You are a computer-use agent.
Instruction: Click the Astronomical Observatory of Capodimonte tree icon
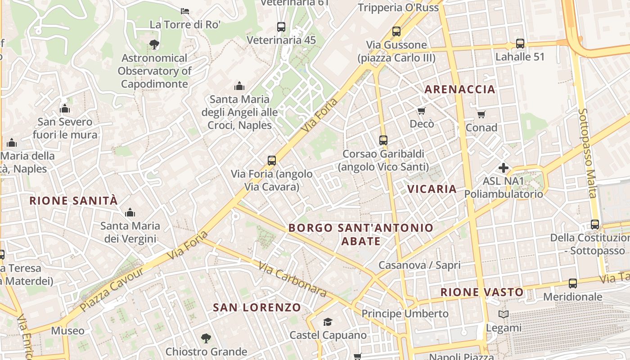pyautogui.click(x=154, y=44)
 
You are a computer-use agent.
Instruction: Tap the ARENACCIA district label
pyautogui.click(x=460, y=89)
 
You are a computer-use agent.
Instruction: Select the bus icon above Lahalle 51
pyautogui.click(x=520, y=44)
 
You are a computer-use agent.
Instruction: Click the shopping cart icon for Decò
pyautogui.click(x=421, y=111)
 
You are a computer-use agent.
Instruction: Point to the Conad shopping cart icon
pyautogui.click(x=481, y=114)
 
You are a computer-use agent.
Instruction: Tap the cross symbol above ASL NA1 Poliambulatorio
pyautogui.click(x=504, y=168)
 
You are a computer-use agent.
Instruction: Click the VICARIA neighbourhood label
pyautogui.click(x=432, y=189)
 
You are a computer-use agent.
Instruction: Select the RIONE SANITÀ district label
pyautogui.click(x=73, y=201)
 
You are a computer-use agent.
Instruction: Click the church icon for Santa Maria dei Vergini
pyautogui.click(x=130, y=212)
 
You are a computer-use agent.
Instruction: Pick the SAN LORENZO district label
pyautogui.click(x=257, y=308)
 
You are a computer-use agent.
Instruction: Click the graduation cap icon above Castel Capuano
pyautogui.click(x=328, y=322)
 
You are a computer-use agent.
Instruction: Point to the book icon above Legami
pyautogui.click(x=504, y=315)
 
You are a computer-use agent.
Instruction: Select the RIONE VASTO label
pyautogui.click(x=482, y=292)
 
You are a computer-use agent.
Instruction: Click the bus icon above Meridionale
pyautogui.click(x=572, y=283)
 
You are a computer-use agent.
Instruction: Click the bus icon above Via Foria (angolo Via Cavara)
pyautogui.click(x=272, y=161)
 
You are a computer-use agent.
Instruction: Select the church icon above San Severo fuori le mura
pyautogui.click(x=65, y=108)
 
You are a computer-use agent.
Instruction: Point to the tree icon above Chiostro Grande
pyautogui.click(x=206, y=338)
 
